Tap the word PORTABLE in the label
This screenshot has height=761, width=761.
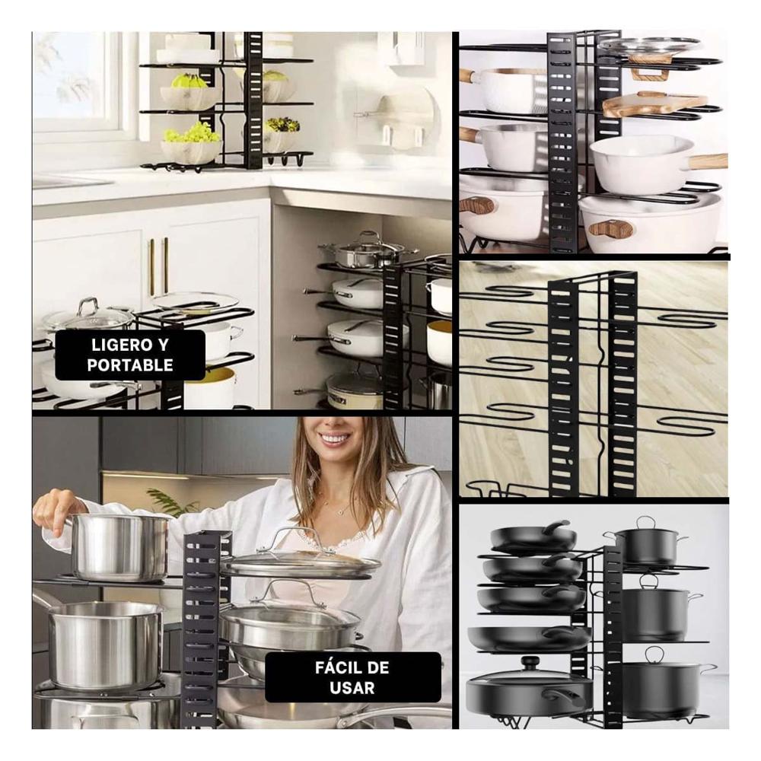129,365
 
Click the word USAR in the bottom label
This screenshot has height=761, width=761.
352,688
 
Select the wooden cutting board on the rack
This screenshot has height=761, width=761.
654,103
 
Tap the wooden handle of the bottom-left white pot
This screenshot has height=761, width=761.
477,205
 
